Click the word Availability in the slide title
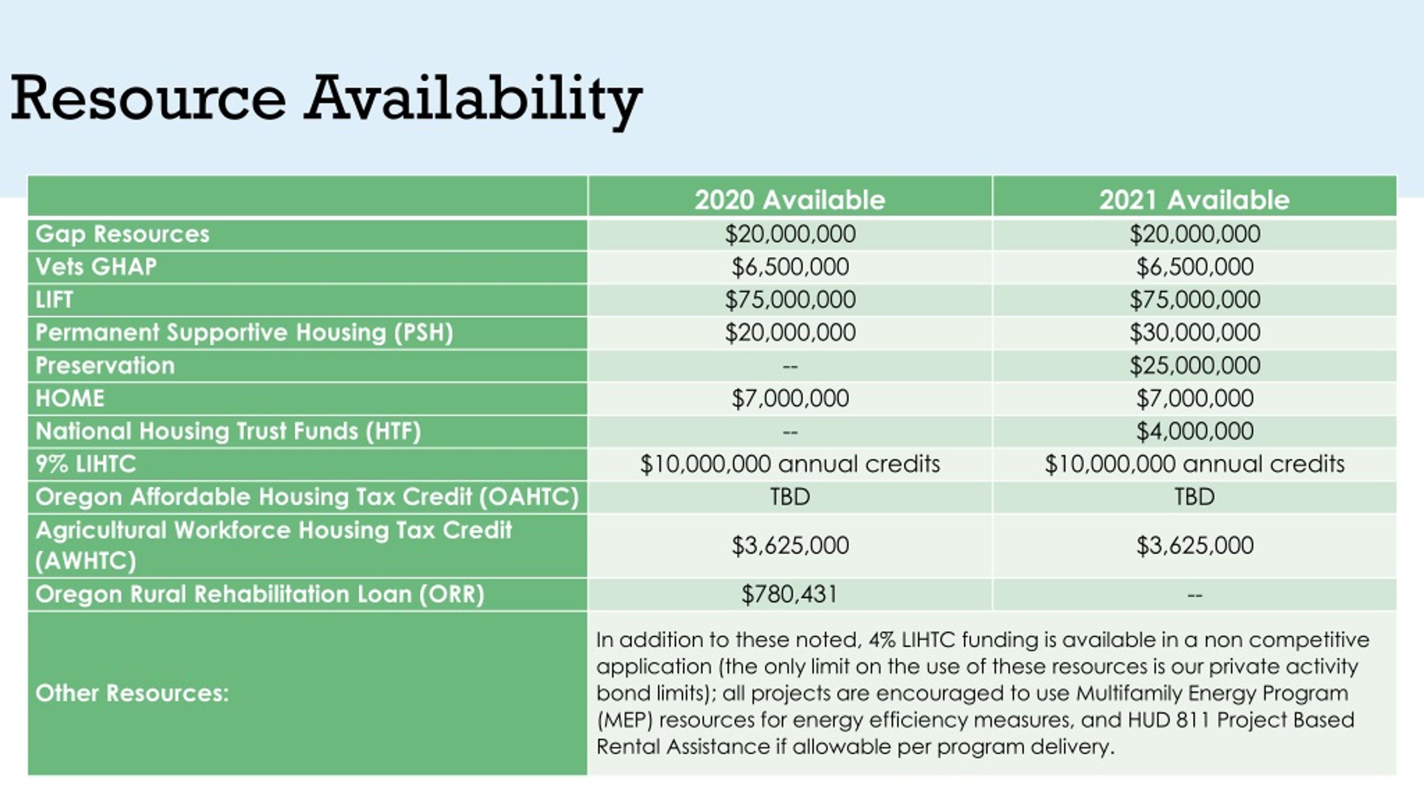point(473,99)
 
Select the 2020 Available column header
point(789,200)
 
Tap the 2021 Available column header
point(1194,200)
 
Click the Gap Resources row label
point(122,234)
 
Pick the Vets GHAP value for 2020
point(790,267)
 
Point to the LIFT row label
point(54,300)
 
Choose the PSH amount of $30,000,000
point(1194,333)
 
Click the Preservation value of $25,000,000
point(1194,365)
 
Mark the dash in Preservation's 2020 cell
point(790,366)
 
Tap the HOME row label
point(70,398)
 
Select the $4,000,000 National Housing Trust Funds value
point(1194,431)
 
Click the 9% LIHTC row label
point(86,464)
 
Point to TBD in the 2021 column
point(1194,497)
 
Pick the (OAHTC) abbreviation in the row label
point(529,497)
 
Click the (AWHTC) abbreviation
point(86,561)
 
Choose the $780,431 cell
point(789,594)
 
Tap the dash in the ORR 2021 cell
point(1194,595)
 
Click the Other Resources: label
point(132,693)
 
